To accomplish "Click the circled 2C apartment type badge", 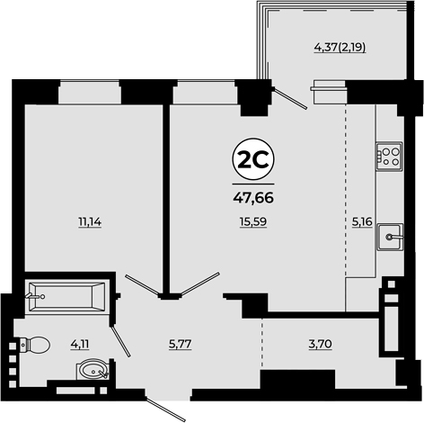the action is [x=253, y=160].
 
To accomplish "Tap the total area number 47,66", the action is [x=253, y=198].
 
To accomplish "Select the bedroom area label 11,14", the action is [x=90, y=222].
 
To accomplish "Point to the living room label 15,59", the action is [x=253, y=222].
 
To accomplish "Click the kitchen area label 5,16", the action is [x=362, y=222].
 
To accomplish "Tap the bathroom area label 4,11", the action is [x=80, y=344].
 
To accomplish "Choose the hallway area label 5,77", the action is [x=180, y=344].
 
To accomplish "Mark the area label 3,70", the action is [x=320, y=344].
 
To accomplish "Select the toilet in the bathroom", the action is [x=35, y=345].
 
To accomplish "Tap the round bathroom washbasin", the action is [x=93, y=369].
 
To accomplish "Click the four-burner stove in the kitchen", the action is [x=389, y=157].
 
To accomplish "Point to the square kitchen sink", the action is [x=390, y=237].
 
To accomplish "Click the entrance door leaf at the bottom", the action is [x=165, y=408].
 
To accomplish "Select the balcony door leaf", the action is [x=290, y=98].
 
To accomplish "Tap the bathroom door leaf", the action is [x=120, y=341].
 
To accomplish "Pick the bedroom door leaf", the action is [x=142, y=284].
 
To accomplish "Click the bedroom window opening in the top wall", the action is [x=90, y=92].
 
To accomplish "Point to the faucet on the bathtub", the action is [x=35, y=296].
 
